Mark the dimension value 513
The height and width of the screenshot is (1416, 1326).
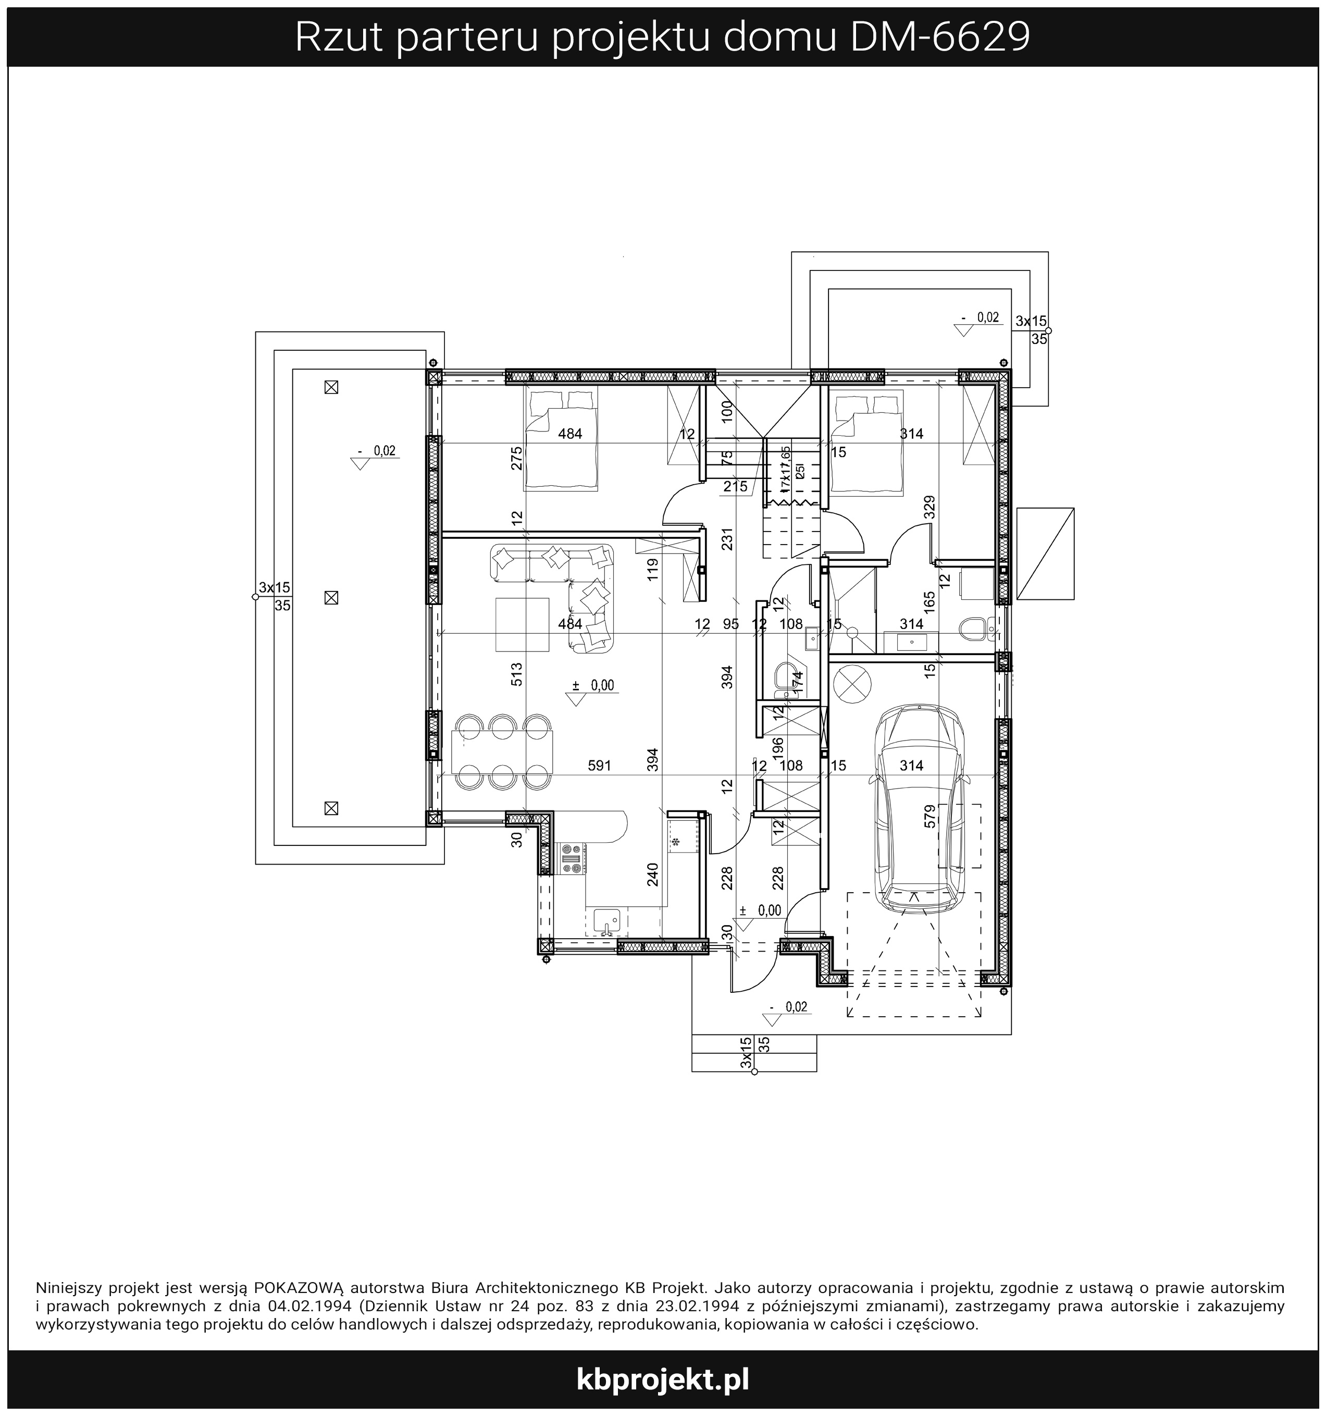(517, 674)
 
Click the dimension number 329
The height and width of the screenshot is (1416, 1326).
(928, 507)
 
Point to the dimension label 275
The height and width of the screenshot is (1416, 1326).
(517, 458)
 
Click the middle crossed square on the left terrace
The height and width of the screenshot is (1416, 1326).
(330, 598)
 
